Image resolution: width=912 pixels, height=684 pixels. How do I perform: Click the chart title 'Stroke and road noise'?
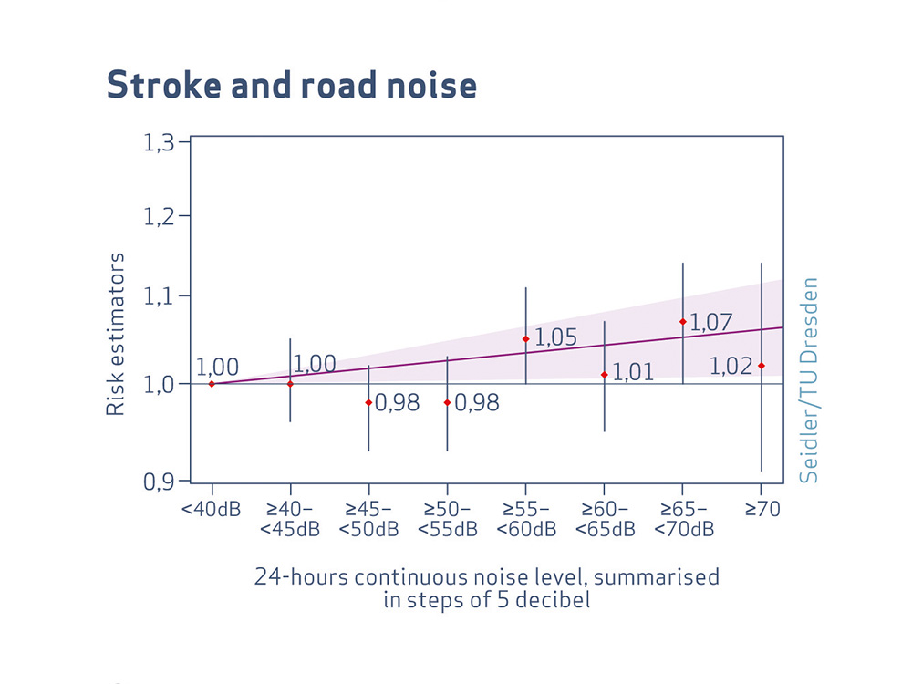(x=291, y=85)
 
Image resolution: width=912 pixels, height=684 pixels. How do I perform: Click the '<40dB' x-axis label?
(x=211, y=510)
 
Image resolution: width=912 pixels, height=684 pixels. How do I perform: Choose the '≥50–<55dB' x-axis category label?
(x=447, y=519)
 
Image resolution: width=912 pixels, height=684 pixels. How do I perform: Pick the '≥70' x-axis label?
(x=762, y=510)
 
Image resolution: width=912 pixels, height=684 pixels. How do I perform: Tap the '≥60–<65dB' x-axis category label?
(x=604, y=519)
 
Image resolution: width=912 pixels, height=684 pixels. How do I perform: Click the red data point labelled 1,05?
(x=525, y=339)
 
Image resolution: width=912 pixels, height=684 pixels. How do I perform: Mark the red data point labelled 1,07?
(x=682, y=321)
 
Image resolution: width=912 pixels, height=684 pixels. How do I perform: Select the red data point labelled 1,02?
(x=761, y=366)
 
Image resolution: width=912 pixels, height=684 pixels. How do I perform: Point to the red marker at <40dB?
(x=212, y=384)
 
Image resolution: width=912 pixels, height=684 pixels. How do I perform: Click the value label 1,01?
(x=634, y=372)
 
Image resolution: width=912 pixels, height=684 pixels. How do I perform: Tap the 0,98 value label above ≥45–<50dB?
(x=398, y=403)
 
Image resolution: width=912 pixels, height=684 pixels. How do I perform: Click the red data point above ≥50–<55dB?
(x=447, y=402)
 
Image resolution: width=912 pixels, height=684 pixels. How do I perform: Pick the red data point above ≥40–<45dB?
(x=290, y=384)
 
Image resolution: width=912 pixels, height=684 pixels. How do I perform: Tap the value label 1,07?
(x=710, y=322)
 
